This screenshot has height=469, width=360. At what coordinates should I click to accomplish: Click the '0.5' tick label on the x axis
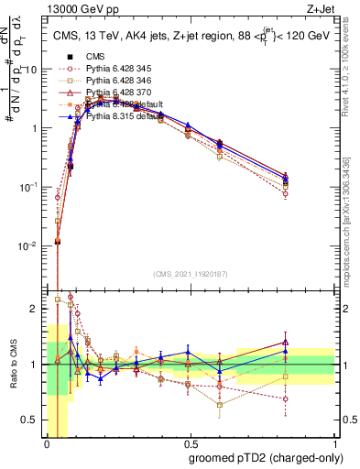pyautogui.click(x=191, y=441)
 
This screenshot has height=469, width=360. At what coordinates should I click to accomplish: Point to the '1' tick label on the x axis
pyautogui.click(x=335, y=441)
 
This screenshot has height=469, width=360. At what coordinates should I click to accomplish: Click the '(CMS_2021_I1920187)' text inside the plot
pyautogui.click(x=191, y=272)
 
